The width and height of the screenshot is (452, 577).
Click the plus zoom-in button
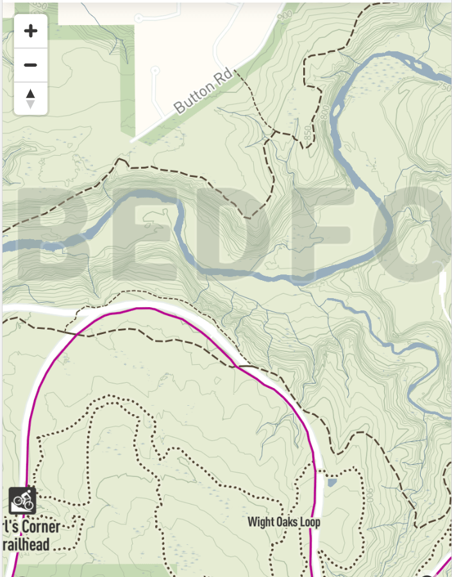click(30, 31)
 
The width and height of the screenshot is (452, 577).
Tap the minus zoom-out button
click(30, 65)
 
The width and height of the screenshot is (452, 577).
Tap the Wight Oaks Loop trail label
click(283, 522)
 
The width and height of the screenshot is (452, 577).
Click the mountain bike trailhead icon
click(22, 500)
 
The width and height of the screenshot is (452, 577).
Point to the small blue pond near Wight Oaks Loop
click(331, 482)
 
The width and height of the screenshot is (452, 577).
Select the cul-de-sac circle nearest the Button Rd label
click(154, 69)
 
